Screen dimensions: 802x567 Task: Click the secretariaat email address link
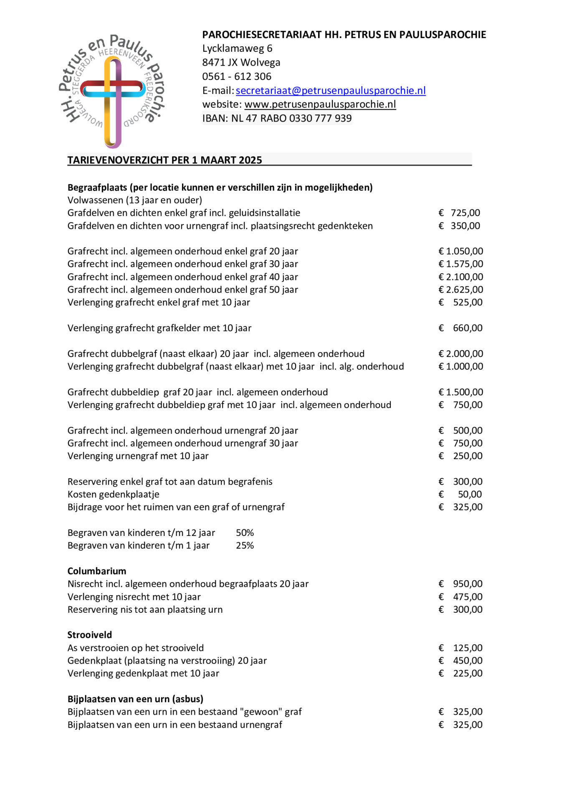pyautogui.click(x=330, y=90)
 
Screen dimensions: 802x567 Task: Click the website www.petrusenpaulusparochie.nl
pyautogui.click(x=320, y=104)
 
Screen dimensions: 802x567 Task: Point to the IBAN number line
pyautogui.click(x=277, y=118)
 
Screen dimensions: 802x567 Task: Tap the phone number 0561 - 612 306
pyautogui.click(x=237, y=76)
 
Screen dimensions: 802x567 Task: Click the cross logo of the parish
pyautogui.click(x=112, y=91)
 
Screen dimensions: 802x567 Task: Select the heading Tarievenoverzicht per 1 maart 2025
pyautogui.click(x=165, y=160)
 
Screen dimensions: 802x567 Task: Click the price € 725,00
pyautogui.click(x=460, y=213)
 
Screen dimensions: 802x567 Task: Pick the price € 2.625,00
pyautogui.click(x=461, y=289)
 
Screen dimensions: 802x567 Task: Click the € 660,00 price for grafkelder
pyautogui.click(x=461, y=328)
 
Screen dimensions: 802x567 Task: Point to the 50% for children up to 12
pyautogui.click(x=245, y=533)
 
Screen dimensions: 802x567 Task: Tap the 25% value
pyautogui.click(x=245, y=545)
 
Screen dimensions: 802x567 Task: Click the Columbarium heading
pyautogui.click(x=96, y=571)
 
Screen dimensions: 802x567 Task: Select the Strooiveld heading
pyautogui.click(x=90, y=634)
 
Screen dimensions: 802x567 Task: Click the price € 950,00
pyautogui.click(x=461, y=584)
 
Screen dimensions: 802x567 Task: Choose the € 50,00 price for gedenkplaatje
pyautogui.click(x=461, y=494)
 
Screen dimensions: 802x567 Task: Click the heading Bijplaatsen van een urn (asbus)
pyautogui.click(x=135, y=699)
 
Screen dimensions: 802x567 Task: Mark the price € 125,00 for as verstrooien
pyautogui.click(x=461, y=648)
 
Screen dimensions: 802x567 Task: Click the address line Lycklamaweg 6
pyautogui.click(x=237, y=48)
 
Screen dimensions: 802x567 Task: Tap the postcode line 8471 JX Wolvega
pyautogui.click(x=241, y=62)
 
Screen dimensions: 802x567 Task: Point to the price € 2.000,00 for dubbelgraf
pyautogui.click(x=461, y=353)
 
